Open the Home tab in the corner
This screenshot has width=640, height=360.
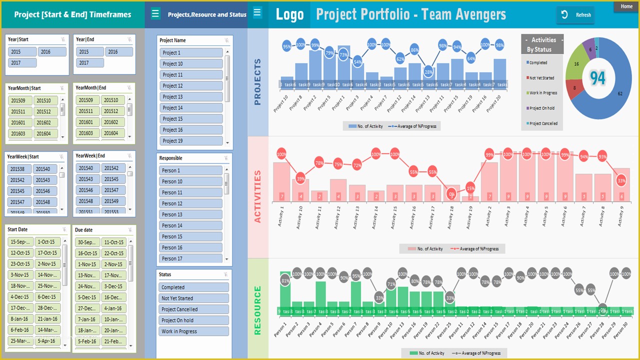626,6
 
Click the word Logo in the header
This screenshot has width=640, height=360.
289,15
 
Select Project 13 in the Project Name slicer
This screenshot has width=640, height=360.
191,97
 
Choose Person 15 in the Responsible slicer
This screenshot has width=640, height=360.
191,236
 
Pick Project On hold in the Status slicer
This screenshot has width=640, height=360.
194,320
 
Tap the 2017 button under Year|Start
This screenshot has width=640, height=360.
22,63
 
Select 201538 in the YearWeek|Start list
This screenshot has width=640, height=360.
18,169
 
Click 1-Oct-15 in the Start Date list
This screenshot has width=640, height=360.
48,242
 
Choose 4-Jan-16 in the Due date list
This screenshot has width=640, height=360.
113,308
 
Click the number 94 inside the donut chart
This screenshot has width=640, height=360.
597,78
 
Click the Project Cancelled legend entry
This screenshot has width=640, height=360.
542,123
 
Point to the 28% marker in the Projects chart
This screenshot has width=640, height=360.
428,72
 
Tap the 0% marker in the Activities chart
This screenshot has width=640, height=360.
451,194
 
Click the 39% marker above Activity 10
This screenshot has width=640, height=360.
300,178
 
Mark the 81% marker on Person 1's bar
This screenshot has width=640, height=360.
285,281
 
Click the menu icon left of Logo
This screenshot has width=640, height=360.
257,12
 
